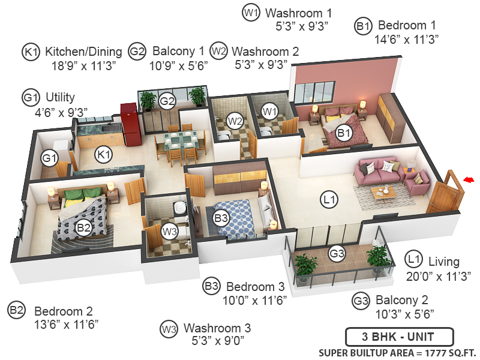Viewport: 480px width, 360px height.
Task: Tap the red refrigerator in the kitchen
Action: pyautogui.click(x=130, y=124)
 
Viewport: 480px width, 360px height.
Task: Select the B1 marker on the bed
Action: pyautogui.click(x=343, y=134)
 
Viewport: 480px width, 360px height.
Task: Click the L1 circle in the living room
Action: pyautogui.click(x=329, y=200)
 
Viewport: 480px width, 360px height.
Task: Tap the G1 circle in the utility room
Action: pyautogui.click(x=49, y=159)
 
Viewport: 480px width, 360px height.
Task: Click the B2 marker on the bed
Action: pyautogui.click(x=83, y=227)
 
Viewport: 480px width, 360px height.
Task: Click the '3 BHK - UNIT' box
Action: pyautogui.click(x=399, y=336)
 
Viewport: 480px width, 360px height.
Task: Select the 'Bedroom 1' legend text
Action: pyautogui.click(x=406, y=26)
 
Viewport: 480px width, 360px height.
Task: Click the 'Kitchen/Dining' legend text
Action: pyautogui.click(x=83, y=52)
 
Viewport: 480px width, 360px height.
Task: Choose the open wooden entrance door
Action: pyautogui.click(x=445, y=193)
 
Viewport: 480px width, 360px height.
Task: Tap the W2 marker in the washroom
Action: pyautogui.click(x=235, y=121)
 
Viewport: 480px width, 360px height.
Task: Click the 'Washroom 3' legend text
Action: pyautogui.click(x=217, y=328)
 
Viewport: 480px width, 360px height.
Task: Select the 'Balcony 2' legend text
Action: pyautogui.click(x=401, y=300)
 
